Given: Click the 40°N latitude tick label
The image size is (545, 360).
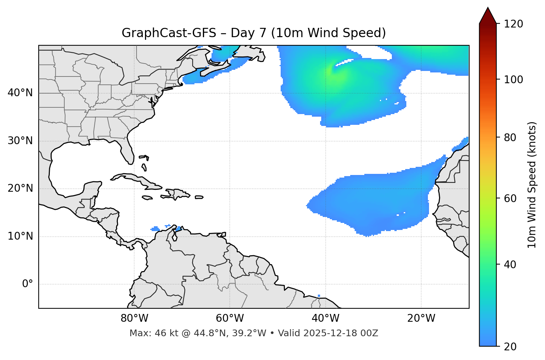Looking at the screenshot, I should (20, 93).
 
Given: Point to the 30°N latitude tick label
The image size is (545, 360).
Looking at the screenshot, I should (20, 141).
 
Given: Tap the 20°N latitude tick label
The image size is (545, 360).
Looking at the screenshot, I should (20, 188).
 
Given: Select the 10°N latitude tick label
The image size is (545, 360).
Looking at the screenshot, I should (20, 236).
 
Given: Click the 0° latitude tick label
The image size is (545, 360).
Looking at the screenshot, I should (28, 284).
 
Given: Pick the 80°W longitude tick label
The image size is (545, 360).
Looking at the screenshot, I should (134, 318).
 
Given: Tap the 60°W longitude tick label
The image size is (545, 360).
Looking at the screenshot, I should (230, 318).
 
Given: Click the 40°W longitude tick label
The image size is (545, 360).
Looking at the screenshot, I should (325, 318).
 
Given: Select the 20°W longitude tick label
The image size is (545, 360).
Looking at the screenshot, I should (421, 318).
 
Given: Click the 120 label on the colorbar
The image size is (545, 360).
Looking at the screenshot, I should (513, 24).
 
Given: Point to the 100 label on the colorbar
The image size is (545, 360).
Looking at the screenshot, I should (513, 80).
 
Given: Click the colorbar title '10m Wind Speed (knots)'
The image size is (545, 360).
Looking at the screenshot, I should (532, 185).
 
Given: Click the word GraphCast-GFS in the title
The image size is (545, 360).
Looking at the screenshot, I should (169, 33).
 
